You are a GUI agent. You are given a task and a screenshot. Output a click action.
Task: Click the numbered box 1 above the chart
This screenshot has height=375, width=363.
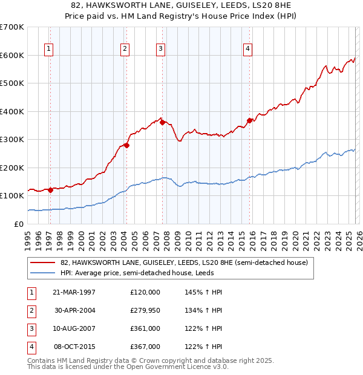pyautogui.click(x=48, y=50)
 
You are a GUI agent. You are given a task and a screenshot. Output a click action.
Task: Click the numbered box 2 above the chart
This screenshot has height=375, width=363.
pyautogui.click(x=124, y=50)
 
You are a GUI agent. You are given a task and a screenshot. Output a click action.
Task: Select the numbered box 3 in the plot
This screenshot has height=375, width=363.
pyautogui.click(x=160, y=50)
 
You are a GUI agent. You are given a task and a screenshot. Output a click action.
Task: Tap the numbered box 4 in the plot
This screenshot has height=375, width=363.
pyautogui.click(x=248, y=50)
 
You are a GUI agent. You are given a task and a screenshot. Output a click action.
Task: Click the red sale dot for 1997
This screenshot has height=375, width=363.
pyautogui.click(x=51, y=190)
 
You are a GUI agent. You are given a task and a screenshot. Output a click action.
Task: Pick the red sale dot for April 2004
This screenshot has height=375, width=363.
pyautogui.click(x=126, y=145)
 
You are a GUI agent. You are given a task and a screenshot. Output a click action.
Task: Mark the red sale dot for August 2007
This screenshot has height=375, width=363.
pyautogui.click(x=162, y=123)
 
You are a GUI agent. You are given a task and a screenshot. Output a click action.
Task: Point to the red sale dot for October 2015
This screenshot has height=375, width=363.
pyautogui.click(x=249, y=120)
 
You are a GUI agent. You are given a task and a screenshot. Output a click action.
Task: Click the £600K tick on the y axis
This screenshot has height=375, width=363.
pyautogui.click(x=12, y=55)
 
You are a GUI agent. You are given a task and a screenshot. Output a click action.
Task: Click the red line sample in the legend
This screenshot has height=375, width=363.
pyautogui.click(x=43, y=262)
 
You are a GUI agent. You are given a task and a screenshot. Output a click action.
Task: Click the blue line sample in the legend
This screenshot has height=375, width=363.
pyautogui.click(x=43, y=273)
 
